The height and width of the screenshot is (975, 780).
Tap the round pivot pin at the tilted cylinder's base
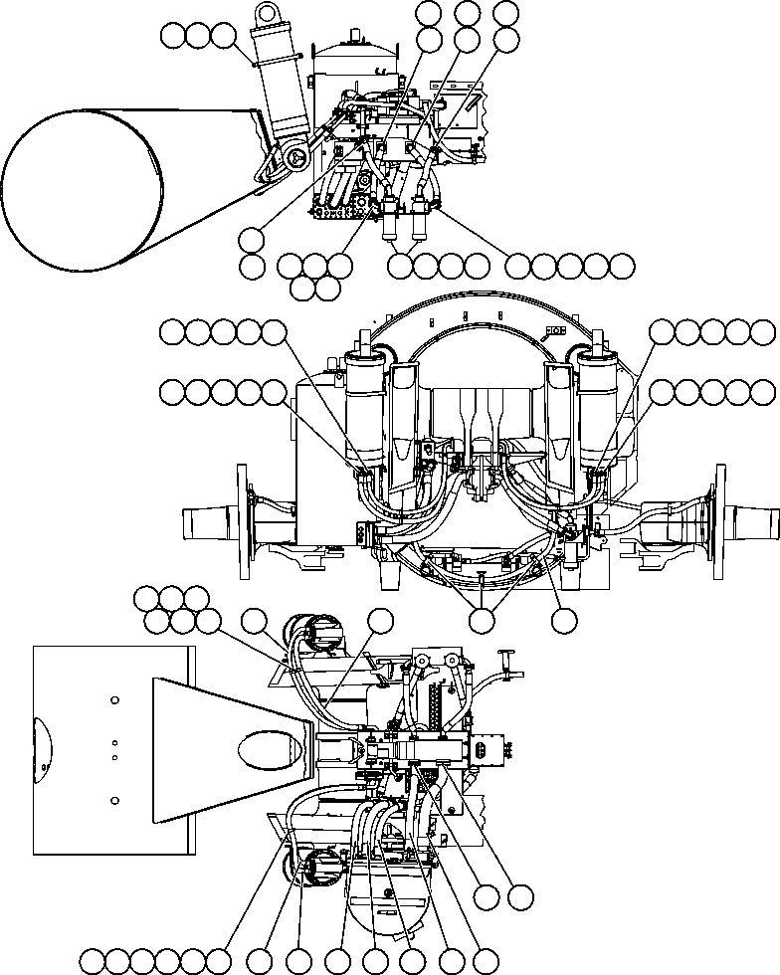pos(295,158)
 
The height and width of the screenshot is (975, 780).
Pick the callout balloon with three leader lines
pos(483,620)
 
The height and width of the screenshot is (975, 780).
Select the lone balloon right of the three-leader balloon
pos(564,620)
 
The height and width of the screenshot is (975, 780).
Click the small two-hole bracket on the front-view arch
pos(554,331)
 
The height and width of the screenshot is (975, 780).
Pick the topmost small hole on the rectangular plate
pos(115,700)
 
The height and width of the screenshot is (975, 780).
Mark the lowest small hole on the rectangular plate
pos(115,799)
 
